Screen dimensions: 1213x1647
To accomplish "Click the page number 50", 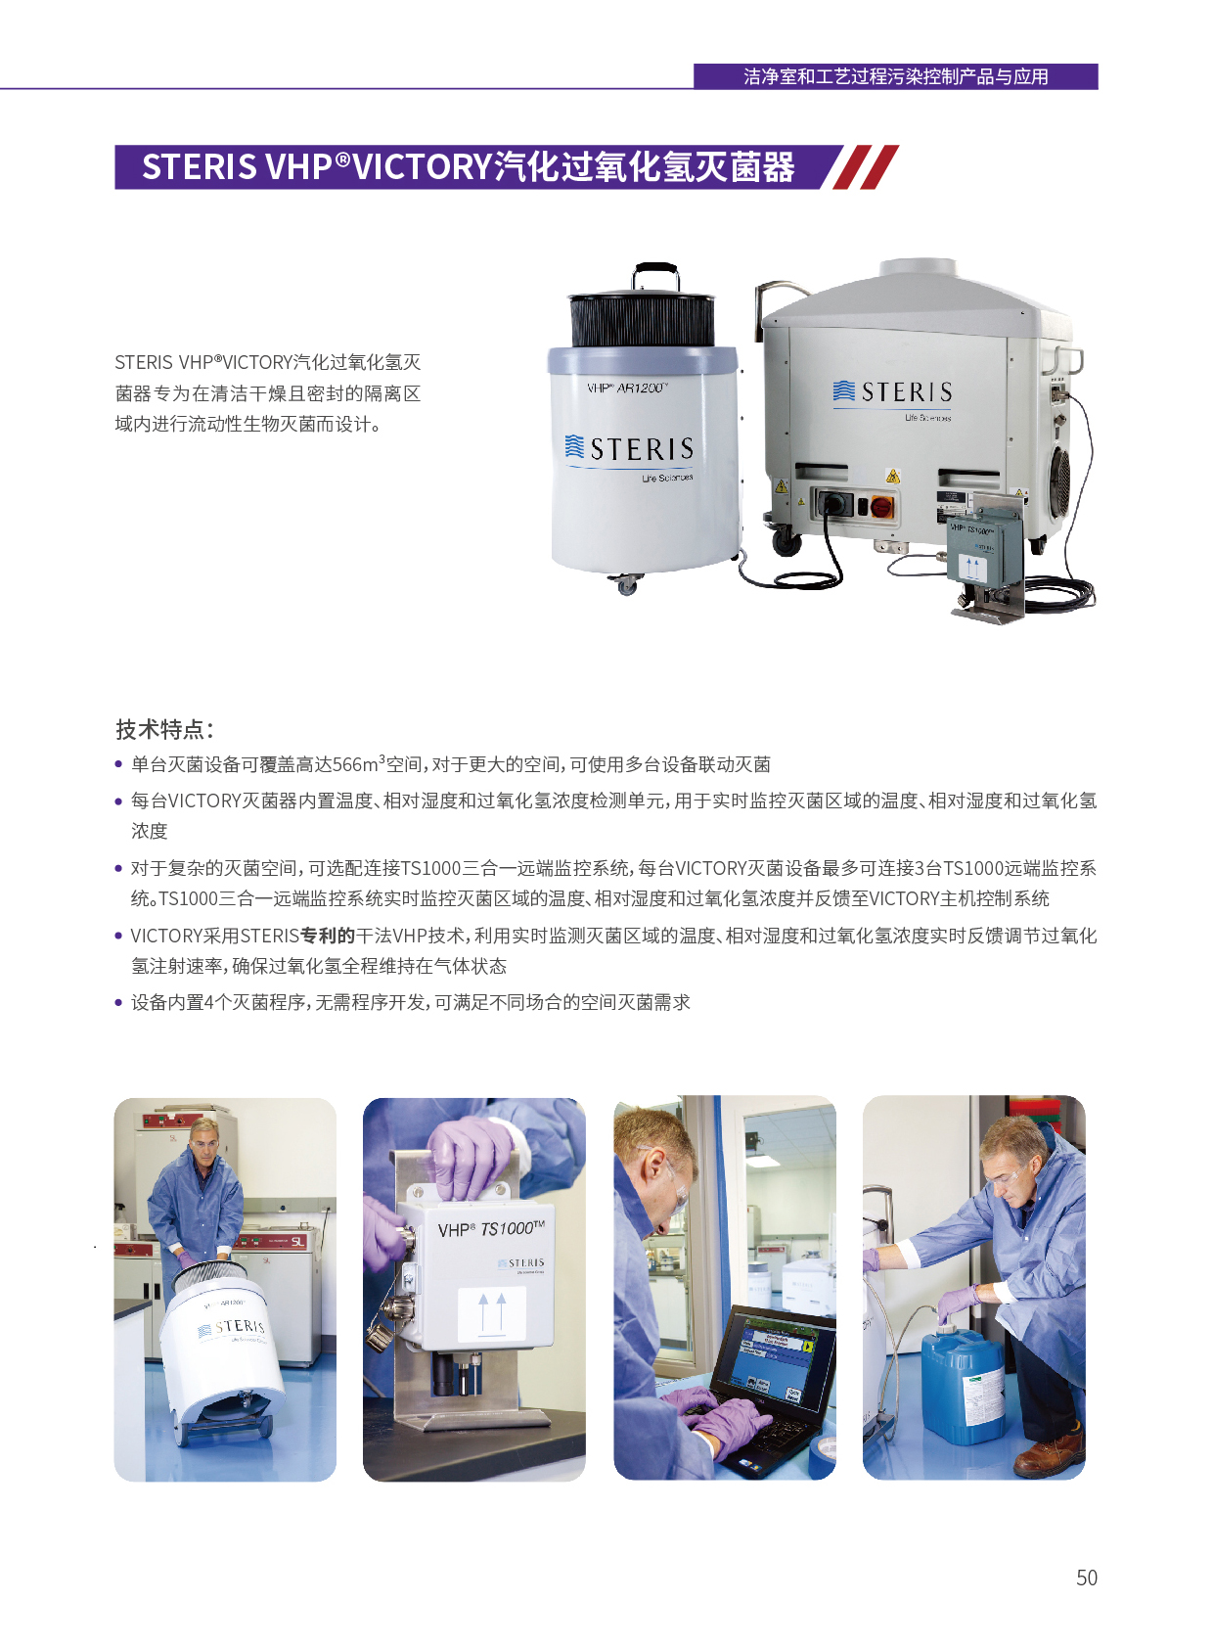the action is coord(1086,1578).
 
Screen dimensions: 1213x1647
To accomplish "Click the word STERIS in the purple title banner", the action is coord(200,167).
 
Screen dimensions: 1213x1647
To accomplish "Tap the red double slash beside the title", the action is coord(866,167).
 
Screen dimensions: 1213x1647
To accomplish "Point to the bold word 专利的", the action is coord(327,936).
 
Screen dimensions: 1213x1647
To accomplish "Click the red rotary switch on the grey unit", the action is coord(881,506).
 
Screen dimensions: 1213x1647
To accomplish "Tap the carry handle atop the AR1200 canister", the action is coord(655,276).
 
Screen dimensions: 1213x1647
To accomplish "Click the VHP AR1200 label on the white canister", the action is coord(626,389).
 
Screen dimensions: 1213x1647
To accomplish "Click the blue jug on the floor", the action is coord(963,1380).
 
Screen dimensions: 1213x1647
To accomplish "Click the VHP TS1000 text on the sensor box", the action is coord(491,1228).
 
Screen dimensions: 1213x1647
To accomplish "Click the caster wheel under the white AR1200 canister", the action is coord(625,585).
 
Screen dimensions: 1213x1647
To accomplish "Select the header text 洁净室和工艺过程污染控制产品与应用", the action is coord(895,76).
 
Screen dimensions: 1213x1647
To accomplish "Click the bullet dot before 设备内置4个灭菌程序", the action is coord(118,1002).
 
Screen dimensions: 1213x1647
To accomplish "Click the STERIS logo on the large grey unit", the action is coord(892,391).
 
